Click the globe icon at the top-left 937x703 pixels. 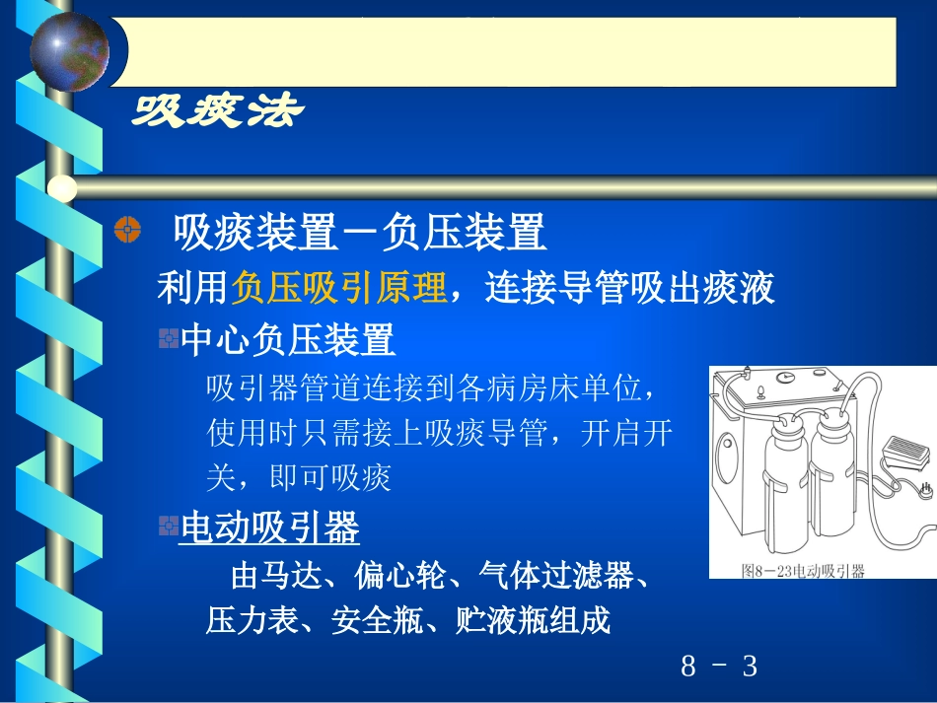69,49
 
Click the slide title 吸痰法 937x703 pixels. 217,111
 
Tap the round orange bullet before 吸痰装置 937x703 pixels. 127,231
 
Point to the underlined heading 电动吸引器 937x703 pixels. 269,528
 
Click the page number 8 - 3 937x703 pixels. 719,667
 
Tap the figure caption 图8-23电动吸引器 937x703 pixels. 803,570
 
